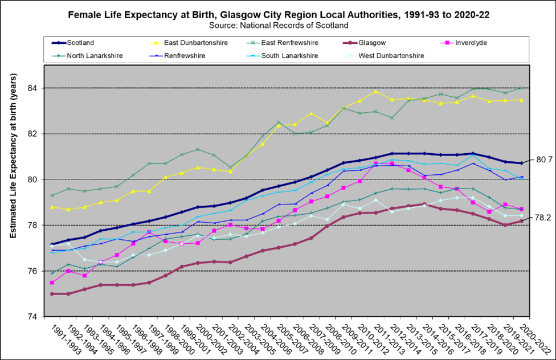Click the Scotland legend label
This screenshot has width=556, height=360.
pos(80,43)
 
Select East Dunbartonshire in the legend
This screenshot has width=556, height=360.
pos(195,43)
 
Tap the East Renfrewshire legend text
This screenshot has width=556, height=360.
pos(289,43)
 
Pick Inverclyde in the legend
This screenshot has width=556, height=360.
pos(471,43)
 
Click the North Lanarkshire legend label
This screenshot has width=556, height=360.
pos(95,56)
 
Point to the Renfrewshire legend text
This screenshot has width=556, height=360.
pos(185,56)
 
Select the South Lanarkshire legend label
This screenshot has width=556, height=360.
pos(290,56)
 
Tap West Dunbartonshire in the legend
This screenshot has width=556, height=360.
pos(391,56)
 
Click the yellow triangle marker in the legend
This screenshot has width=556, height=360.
pos(156,43)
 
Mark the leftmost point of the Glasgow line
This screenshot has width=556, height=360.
pos(52,294)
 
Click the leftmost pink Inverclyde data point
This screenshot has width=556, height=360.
pos(52,283)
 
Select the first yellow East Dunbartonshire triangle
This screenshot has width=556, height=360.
pos(52,207)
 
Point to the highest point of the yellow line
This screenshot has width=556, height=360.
pos(375,91)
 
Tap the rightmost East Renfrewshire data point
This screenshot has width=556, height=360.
pos(521,88)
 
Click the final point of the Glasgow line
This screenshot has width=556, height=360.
pos(521,221)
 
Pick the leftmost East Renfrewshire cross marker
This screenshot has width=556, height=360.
pos(52,195)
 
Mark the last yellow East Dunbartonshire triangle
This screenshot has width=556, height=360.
pos(521,100)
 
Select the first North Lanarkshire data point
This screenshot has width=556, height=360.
pos(52,273)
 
